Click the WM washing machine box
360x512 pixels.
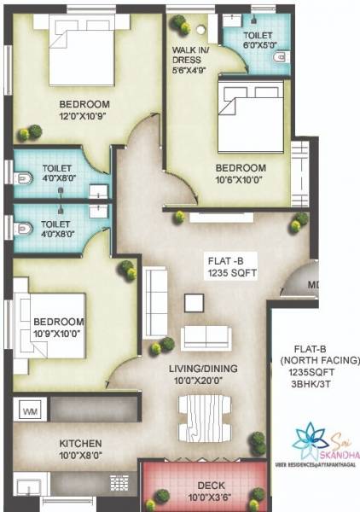point(30,412)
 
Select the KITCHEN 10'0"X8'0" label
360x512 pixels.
point(80,450)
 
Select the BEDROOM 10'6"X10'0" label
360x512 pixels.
point(240,174)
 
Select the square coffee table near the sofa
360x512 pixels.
point(195,302)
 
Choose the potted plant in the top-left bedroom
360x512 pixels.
point(34,131)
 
